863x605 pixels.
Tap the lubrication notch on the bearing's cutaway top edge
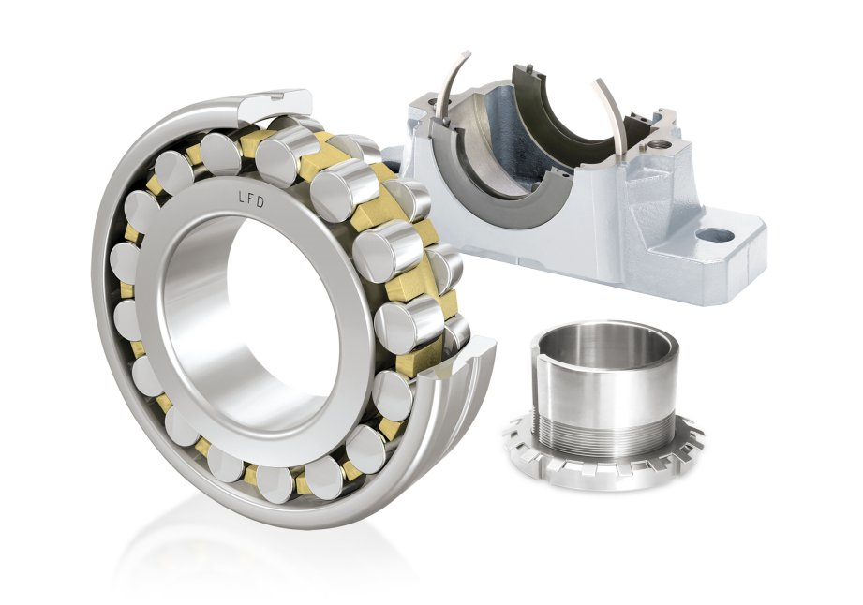click(x=275, y=97)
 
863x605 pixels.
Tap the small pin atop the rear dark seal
click(x=529, y=68)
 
